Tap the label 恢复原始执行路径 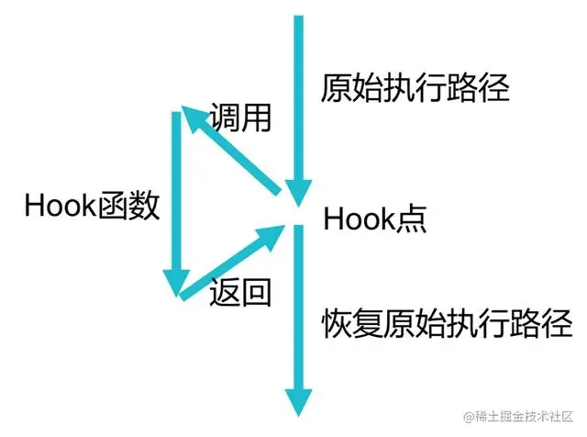448,324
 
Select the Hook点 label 375,220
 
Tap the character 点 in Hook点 409,220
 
